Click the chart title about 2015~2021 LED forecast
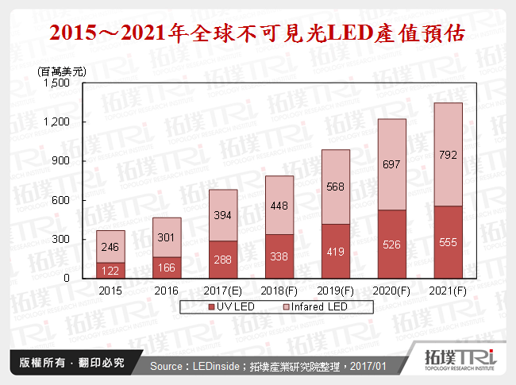(257, 34)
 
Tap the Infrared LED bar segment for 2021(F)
(449, 154)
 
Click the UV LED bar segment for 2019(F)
(335, 251)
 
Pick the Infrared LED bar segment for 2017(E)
(223, 215)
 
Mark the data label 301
(167, 237)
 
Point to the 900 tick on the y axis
(62, 161)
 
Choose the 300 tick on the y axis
(62, 239)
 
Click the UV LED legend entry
(230, 306)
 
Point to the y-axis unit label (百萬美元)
(62, 71)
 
